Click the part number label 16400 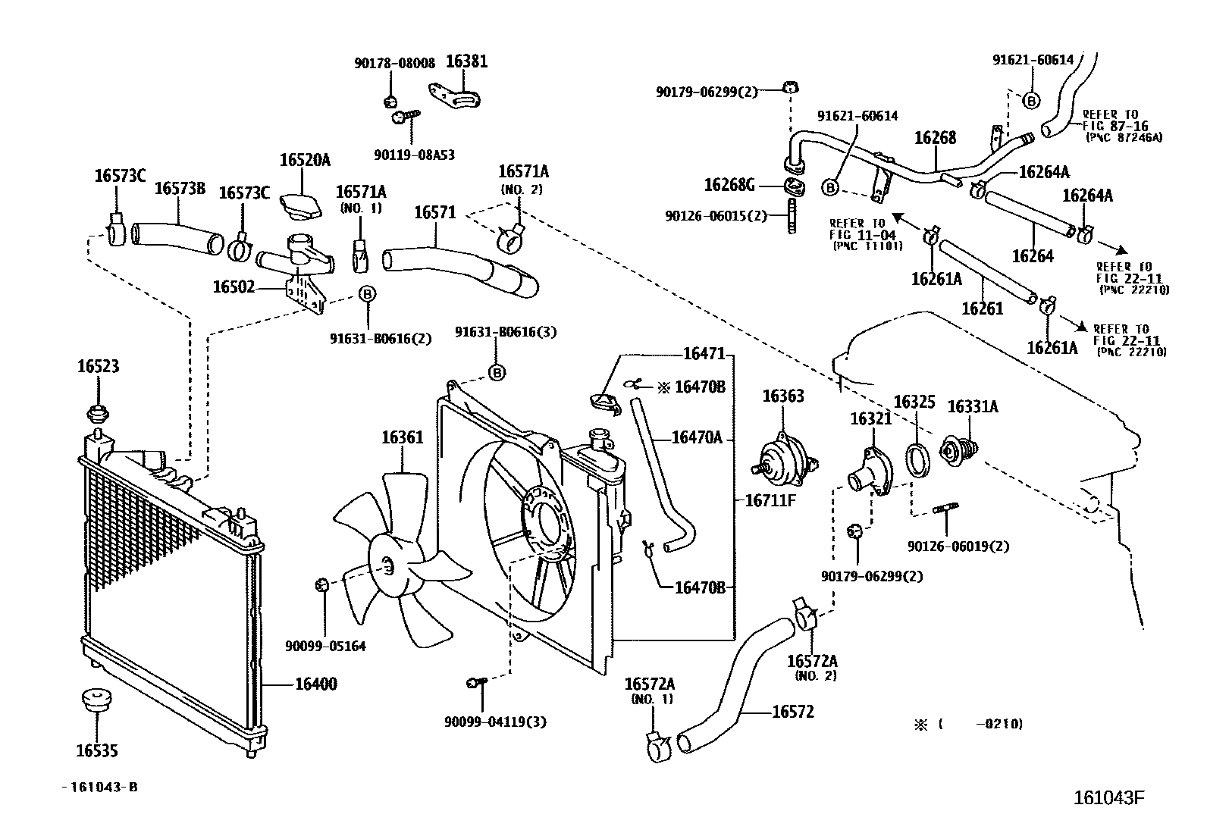[315, 684]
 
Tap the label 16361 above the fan [402, 437]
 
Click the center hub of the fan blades [389, 565]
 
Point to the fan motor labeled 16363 [782, 459]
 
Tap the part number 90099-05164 [325, 647]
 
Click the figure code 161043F [1108, 798]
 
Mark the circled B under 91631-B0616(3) [496, 373]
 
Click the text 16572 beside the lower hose [793, 712]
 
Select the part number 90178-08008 [394, 64]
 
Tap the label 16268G [729, 184]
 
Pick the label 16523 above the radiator [98, 367]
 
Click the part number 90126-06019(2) [958, 546]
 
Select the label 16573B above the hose [180, 189]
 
